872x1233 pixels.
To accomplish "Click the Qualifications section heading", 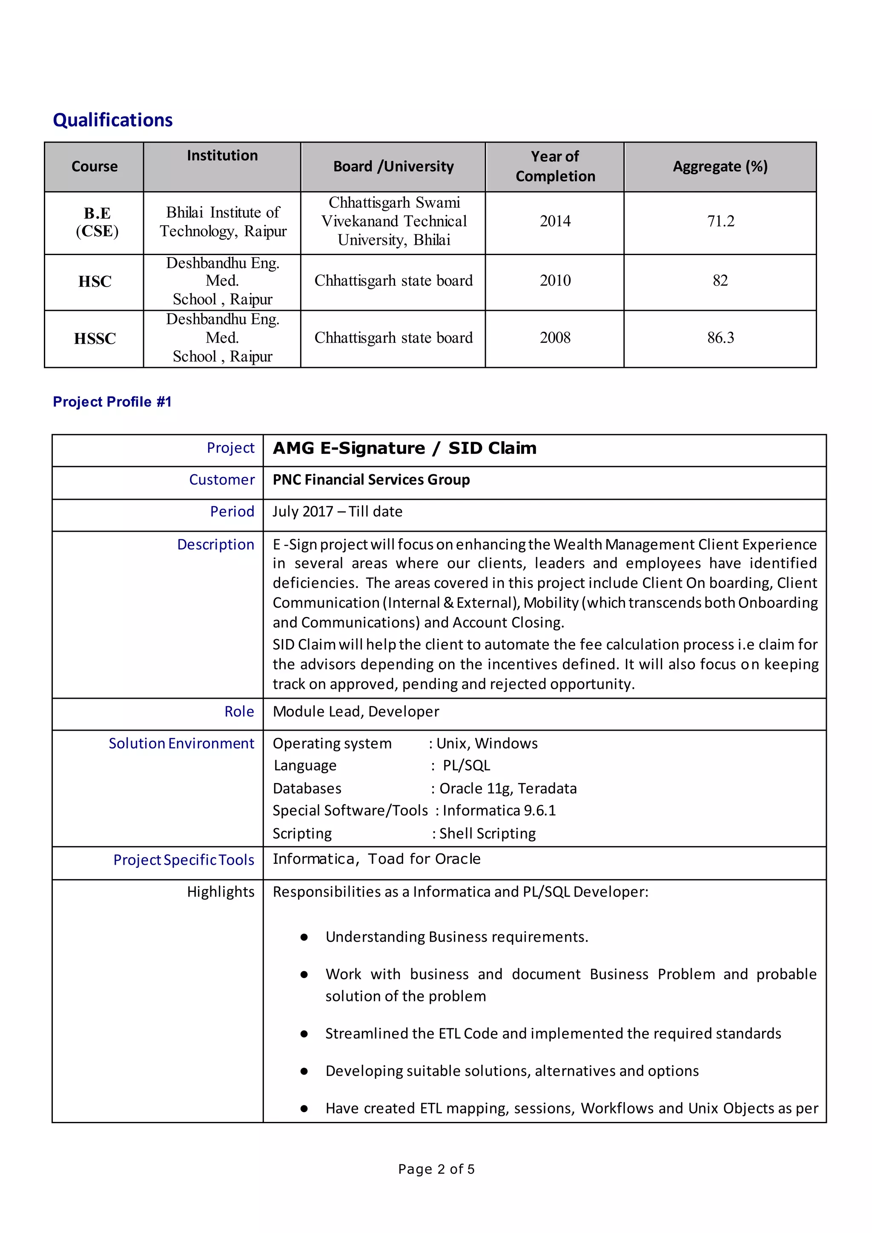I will pyautogui.click(x=112, y=120).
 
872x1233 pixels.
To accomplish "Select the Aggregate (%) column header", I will pyautogui.click(x=720, y=166).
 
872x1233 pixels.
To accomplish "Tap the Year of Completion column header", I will pyautogui.click(x=555, y=166).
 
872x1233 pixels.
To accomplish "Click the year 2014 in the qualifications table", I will pyautogui.click(x=555, y=221).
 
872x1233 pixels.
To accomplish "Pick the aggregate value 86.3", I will pyautogui.click(x=720, y=338).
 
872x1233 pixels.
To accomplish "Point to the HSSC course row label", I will pyautogui.click(x=95, y=339).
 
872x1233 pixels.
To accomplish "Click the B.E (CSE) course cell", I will pyautogui.click(x=97, y=222).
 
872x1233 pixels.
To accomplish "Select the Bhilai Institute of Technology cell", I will pyautogui.click(x=222, y=222).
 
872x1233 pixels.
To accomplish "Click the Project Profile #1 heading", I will pyautogui.click(x=112, y=401).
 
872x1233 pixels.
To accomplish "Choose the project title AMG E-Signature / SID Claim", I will pyautogui.click(x=404, y=448).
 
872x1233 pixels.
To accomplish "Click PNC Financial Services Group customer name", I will pyautogui.click(x=371, y=479).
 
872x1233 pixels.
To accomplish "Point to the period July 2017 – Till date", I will pyautogui.click(x=337, y=511).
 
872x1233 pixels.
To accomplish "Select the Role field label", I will pyautogui.click(x=239, y=711).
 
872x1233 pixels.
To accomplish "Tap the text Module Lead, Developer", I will pyautogui.click(x=356, y=711).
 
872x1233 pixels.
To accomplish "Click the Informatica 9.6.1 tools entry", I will pyautogui.click(x=499, y=810).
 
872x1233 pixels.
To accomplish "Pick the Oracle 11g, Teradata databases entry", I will pyautogui.click(x=508, y=789).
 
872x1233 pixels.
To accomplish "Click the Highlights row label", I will pyautogui.click(x=220, y=892).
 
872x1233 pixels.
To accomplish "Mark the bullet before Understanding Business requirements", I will pyautogui.click(x=304, y=937).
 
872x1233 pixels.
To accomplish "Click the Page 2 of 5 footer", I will pyautogui.click(x=436, y=1169).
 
